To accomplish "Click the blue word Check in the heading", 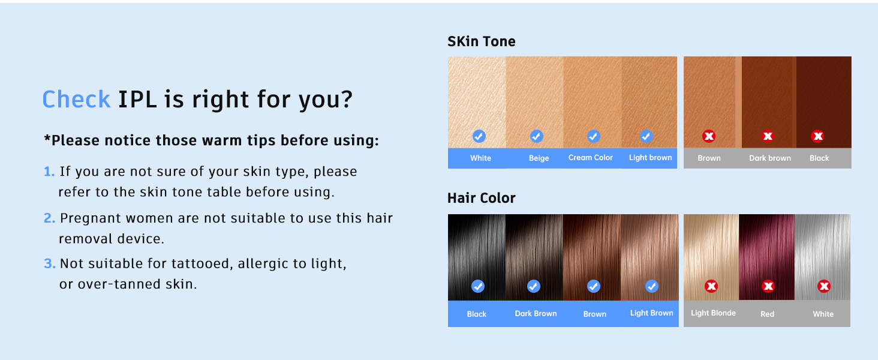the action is coord(76,99).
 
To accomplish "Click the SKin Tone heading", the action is coord(482,41).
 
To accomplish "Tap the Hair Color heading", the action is coord(482,198).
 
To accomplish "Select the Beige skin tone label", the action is coord(539,158).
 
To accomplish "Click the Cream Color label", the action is coord(590,158).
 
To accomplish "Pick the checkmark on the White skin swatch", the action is coord(479,136).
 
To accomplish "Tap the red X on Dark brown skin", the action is coord(768,136).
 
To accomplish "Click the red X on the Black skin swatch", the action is coord(817,136).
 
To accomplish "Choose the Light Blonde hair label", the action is coord(713,313).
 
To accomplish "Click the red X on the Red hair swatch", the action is coord(768,286).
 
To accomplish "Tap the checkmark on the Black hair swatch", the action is coord(478,286).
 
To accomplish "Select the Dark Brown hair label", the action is coord(536,314).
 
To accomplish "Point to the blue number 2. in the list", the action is coord(49,218).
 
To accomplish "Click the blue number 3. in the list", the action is coord(49,263).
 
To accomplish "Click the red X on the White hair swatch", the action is coord(824,286).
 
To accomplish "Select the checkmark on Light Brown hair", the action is coord(652,286).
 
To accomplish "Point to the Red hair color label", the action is coord(767,314).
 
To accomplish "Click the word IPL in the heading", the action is coord(137,99).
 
